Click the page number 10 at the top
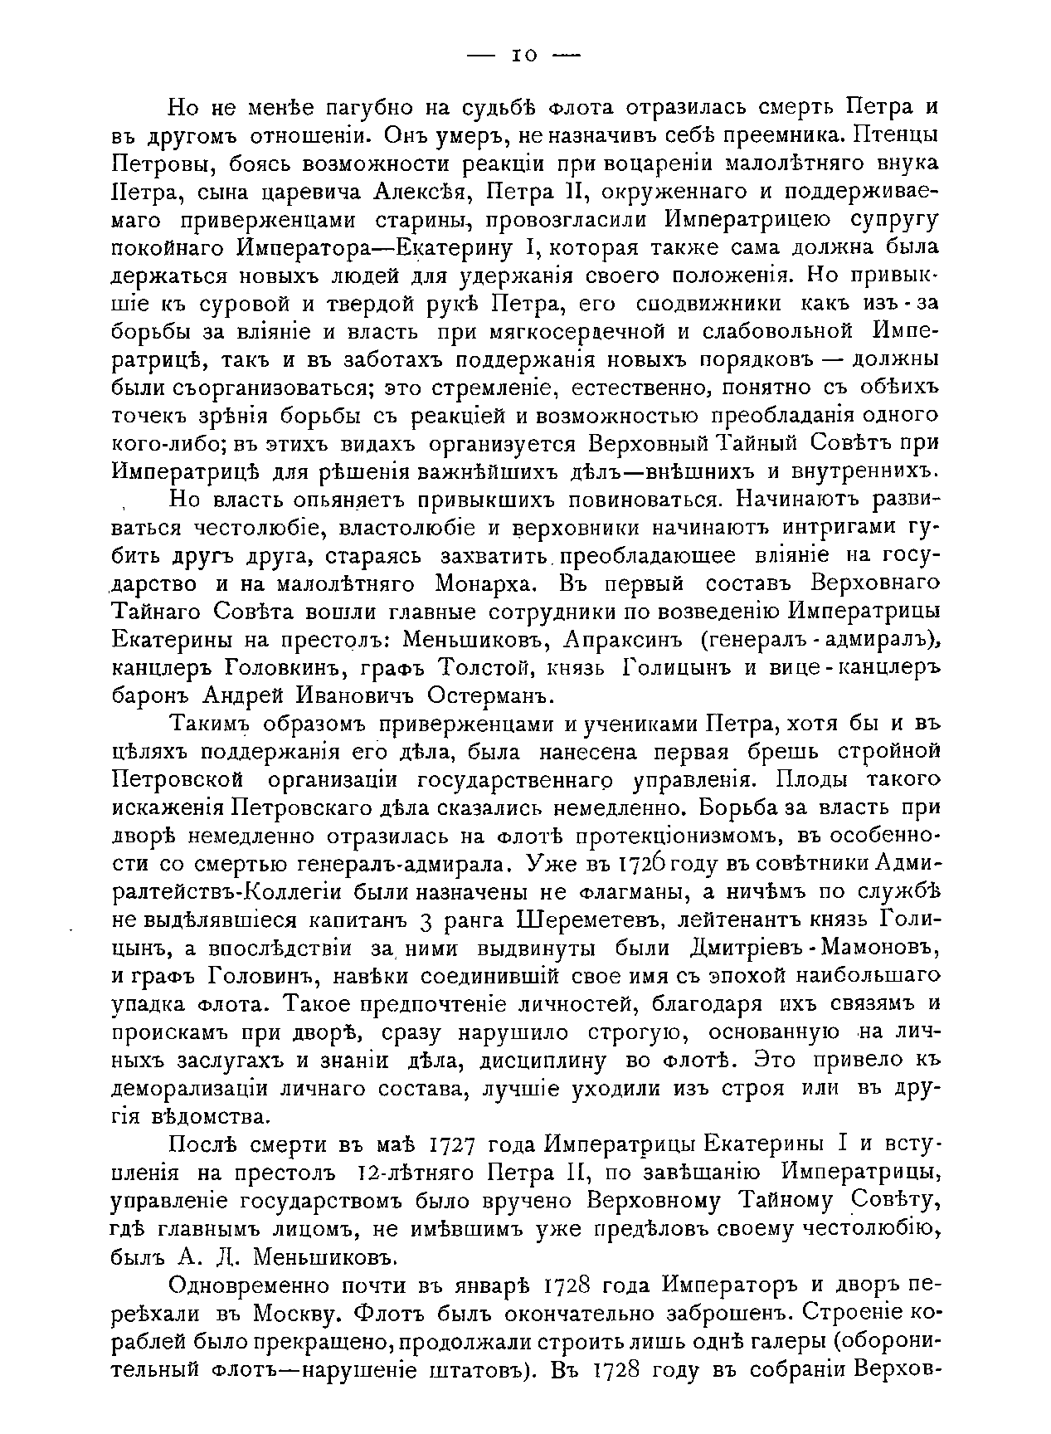pyautogui.click(x=524, y=56)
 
